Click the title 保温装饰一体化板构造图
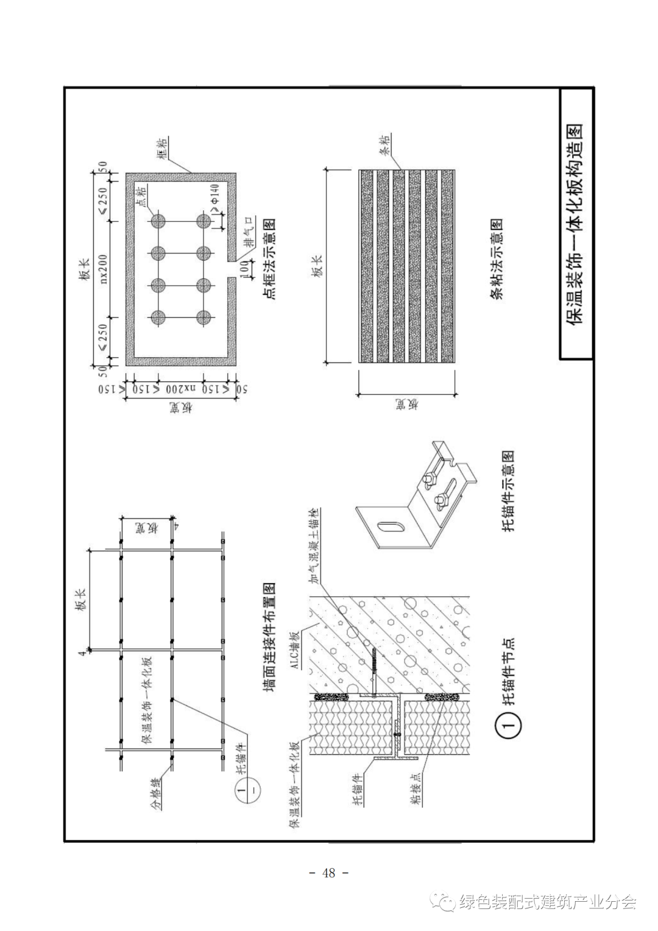(x=576, y=224)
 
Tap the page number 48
(x=329, y=873)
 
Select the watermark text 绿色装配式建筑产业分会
(x=548, y=901)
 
